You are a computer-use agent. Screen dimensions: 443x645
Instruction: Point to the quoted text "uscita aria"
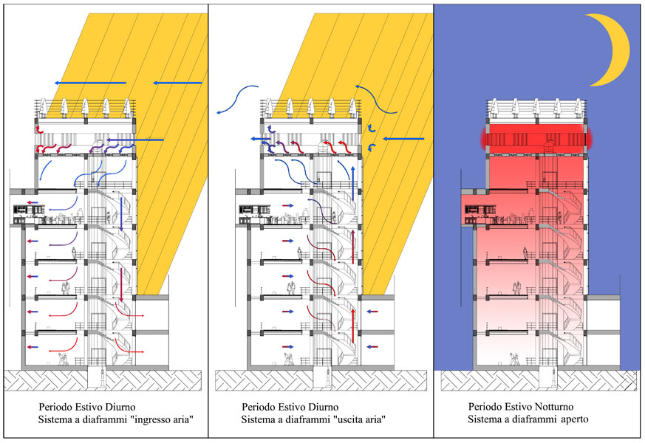358,420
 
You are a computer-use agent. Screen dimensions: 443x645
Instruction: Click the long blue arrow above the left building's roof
91,82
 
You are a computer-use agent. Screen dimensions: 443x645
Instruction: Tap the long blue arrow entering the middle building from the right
403,138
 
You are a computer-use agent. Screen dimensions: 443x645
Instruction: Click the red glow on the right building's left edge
483,138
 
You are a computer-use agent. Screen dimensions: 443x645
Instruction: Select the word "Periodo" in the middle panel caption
259,408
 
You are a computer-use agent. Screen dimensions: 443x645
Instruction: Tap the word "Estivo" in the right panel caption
518,408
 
